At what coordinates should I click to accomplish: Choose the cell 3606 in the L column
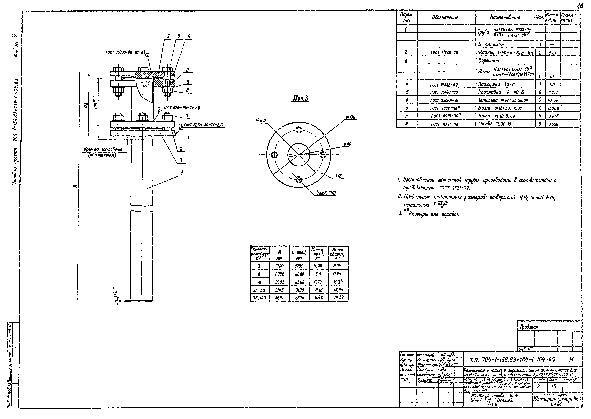coord(299,297)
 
